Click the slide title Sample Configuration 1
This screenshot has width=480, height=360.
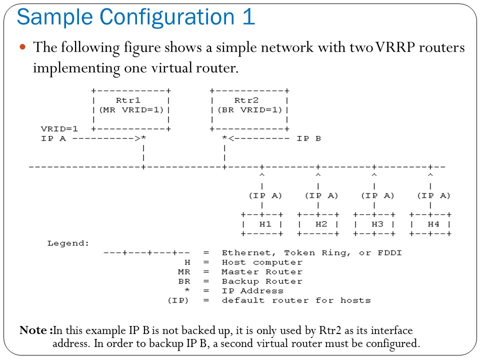point(136,17)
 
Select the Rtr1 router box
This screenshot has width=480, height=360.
point(131,109)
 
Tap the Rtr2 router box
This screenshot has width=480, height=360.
point(249,109)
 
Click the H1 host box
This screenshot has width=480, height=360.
point(262,224)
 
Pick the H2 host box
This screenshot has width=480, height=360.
point(318,224)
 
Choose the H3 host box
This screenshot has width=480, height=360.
point(374,224)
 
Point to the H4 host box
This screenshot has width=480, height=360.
point(430,224)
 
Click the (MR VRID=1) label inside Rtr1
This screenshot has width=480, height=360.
point(131,110)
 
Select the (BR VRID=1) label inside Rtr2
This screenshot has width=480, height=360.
point(249,110)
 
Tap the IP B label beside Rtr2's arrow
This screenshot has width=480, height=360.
point(309,138)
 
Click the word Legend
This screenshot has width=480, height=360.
point(68,243)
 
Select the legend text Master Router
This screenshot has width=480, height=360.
point(262,272)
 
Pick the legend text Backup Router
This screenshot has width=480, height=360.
point(262,281)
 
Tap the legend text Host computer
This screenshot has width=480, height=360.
point(262,262)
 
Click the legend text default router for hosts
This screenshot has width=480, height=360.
point(296,300)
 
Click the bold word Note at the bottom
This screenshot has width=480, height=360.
point(34,330)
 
